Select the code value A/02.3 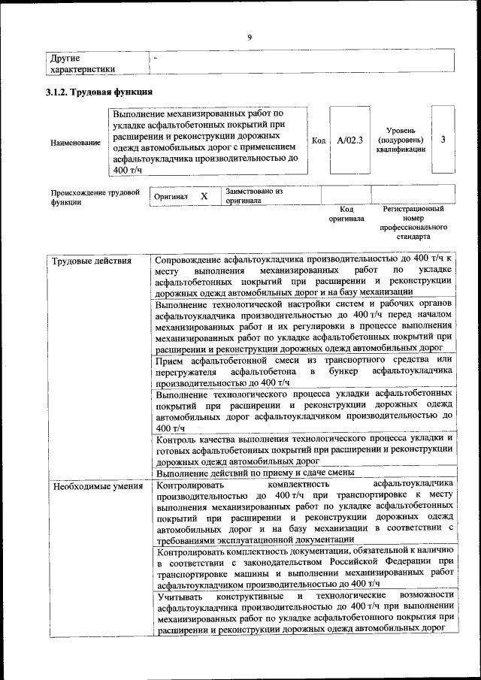pos(349,140)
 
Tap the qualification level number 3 pos(443,140)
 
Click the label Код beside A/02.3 pos(318,140)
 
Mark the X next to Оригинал pos(204,196)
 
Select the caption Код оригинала pos(346,214)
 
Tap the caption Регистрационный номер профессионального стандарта pos(413,222)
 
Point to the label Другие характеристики pos(82,63)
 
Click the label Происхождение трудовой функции pos(95,197)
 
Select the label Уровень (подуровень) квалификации pos(400,140)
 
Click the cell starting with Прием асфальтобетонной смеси pos(304,371)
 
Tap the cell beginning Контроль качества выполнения pos(304,449)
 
